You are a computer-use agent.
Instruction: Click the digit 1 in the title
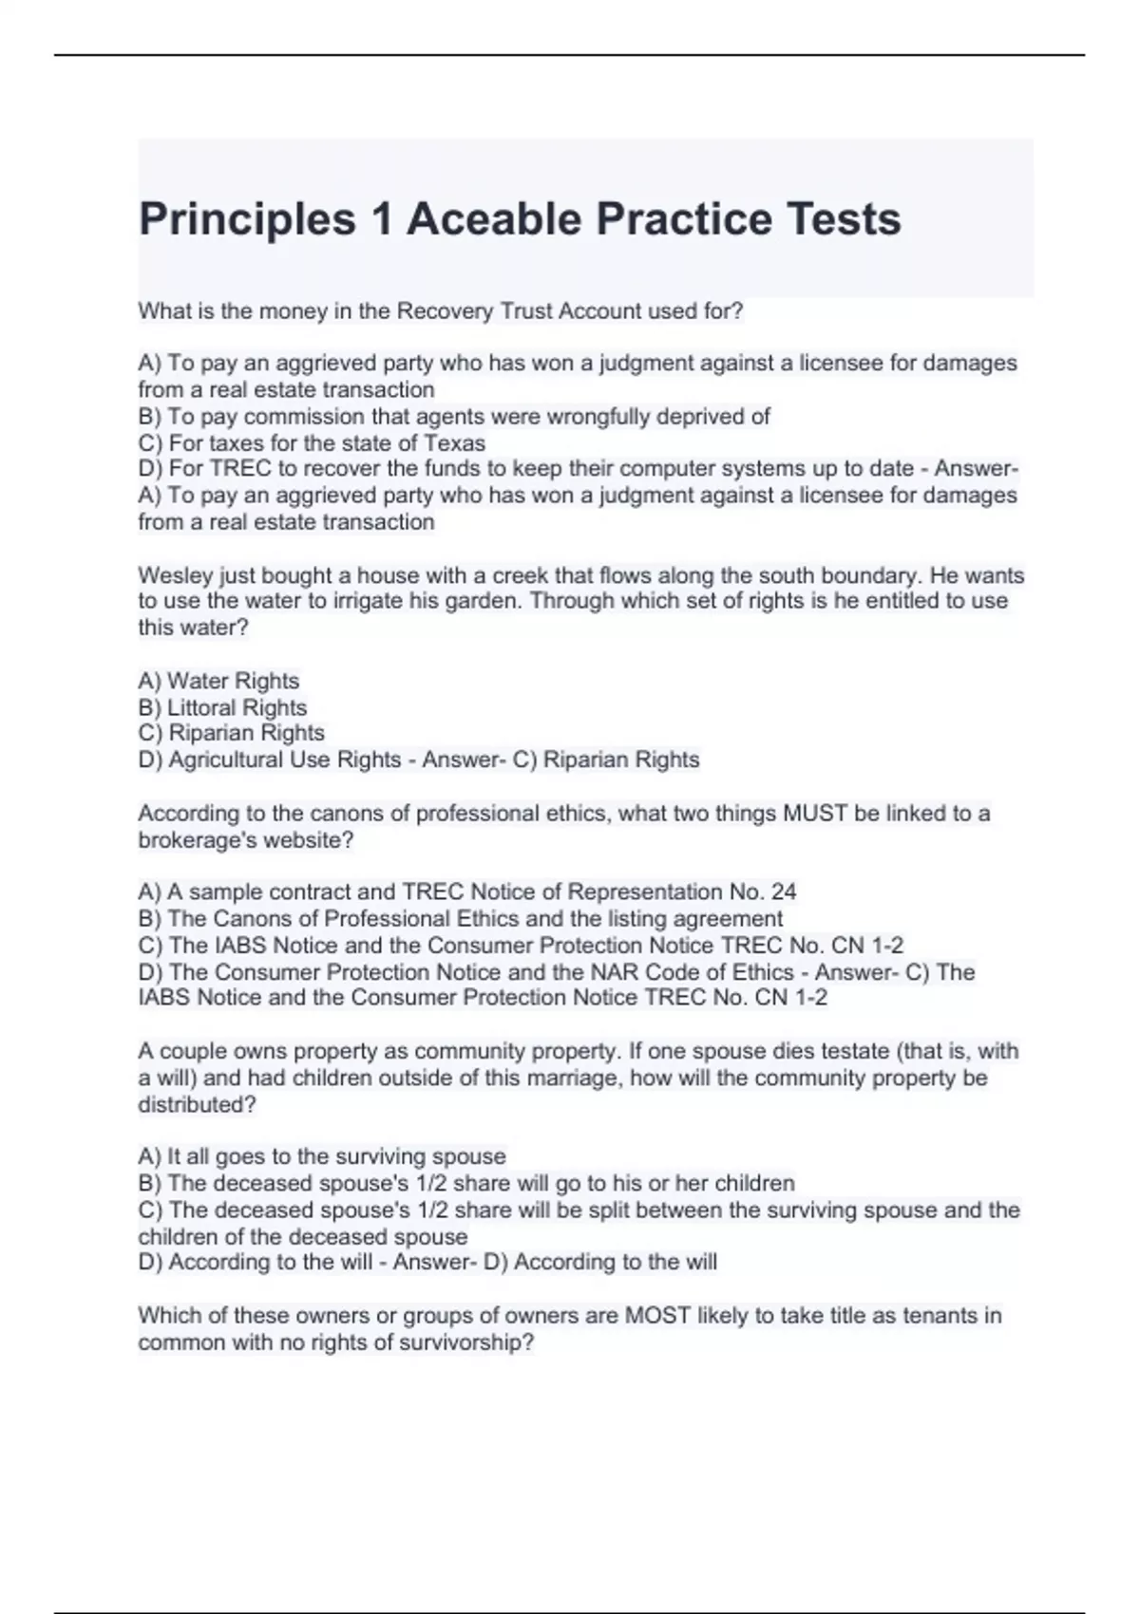tap(381, 219)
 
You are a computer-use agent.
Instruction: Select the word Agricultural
tap(224, 760)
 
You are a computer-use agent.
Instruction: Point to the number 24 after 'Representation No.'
tap(784, 892)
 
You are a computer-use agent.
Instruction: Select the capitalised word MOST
tap(656, 1316)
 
